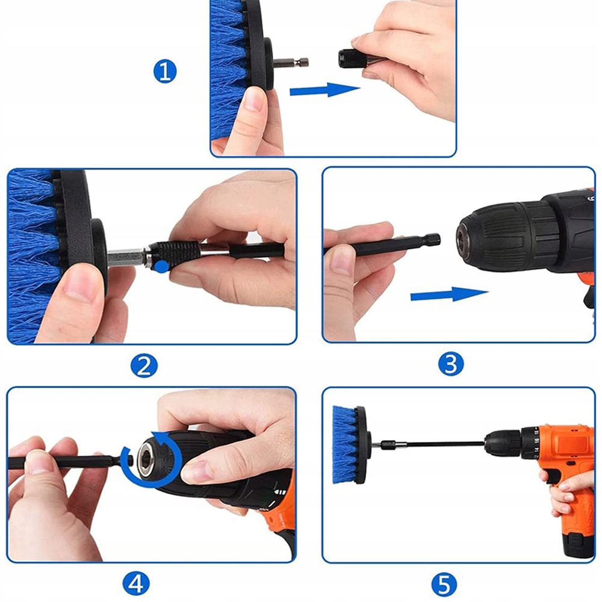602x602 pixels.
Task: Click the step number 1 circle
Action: [165, 72]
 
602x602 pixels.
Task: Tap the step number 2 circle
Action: [144, 365]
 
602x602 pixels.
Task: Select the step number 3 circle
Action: [451, 364]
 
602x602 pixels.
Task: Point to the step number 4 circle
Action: [135, 583]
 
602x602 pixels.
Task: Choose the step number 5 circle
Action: [444, 585]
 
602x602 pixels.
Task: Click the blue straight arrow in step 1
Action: [325, 90]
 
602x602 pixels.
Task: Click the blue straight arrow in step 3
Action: [449, 295]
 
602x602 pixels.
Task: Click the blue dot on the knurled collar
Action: [162, 266]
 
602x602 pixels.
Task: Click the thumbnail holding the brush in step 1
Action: [254, 99]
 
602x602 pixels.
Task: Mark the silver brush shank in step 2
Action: [126, 257]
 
